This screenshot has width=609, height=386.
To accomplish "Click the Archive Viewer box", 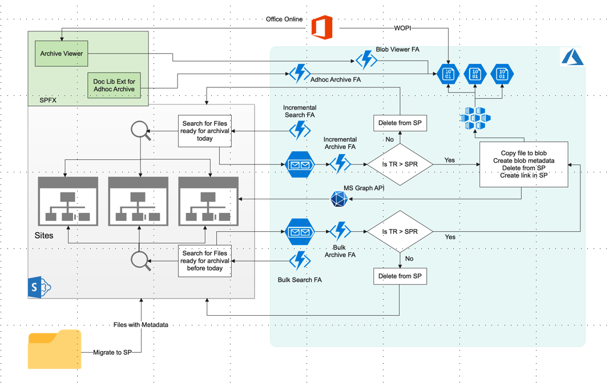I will point(62,54).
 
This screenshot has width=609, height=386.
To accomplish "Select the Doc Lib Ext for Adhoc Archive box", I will point(114,85).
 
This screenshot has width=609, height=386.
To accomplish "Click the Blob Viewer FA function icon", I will point(365,59).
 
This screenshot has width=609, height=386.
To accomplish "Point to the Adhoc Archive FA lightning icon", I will point(299,74).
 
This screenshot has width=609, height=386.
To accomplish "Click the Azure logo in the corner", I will point(571,57).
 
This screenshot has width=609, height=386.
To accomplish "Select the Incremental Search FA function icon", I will point(300,130).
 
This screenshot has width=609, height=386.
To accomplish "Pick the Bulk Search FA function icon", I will point(300,262).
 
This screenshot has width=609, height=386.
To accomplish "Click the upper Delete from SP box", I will point(400,123).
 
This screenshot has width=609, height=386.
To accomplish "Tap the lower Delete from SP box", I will point(400,276).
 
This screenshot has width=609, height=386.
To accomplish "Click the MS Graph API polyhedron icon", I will point(339,199).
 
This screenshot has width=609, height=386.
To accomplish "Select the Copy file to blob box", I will point(523,164).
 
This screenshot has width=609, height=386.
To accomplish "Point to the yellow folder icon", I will point(55,349).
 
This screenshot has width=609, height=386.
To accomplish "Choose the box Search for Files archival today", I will point(205,131).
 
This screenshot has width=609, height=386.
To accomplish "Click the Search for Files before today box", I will point(205,261).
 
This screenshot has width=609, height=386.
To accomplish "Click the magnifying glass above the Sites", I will point(140,131).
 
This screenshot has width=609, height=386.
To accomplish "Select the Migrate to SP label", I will point(112,352).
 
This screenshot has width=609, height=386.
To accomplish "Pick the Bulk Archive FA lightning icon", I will point(340,231).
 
